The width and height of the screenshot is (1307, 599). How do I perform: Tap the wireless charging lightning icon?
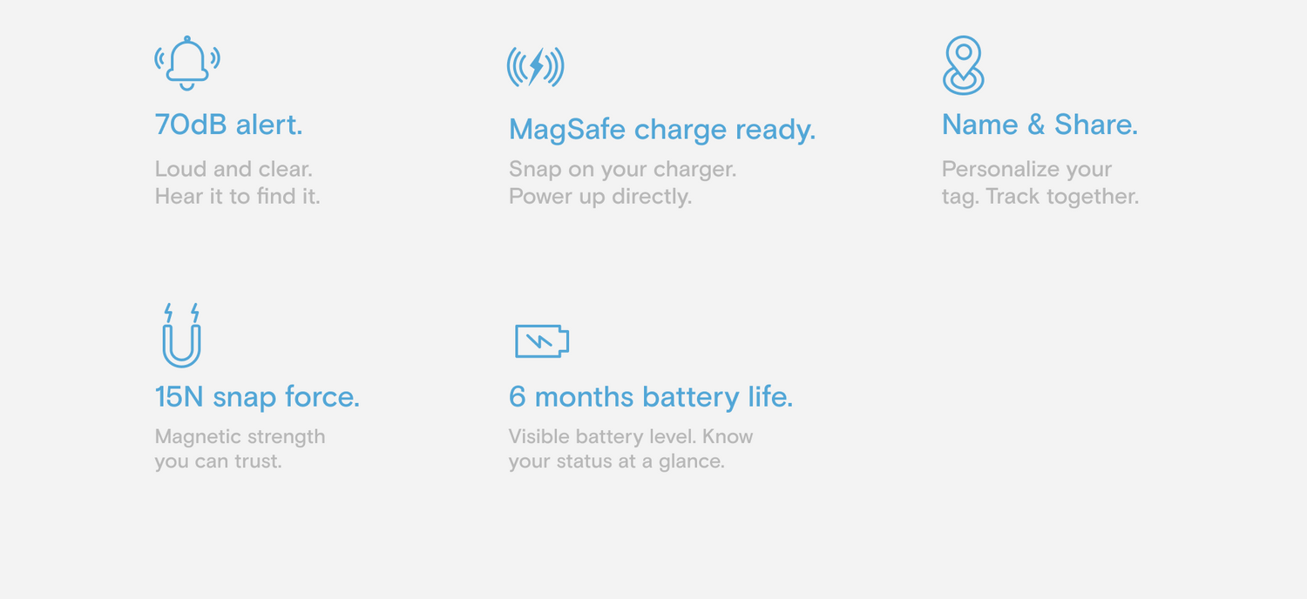coord(536,66)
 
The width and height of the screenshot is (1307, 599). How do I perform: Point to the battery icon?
coord(541,341)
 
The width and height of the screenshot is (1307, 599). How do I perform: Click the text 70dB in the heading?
coord(191,125)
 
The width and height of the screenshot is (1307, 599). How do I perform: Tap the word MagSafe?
coord(567,130)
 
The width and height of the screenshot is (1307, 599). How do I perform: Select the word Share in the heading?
coord(1096,125)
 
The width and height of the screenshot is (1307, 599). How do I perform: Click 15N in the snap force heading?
coord(179,397)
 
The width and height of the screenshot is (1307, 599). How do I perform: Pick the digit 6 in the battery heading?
coord(517,397)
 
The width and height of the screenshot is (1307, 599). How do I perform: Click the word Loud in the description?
coord(181,169)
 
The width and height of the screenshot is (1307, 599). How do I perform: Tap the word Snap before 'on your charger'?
coord(535,170)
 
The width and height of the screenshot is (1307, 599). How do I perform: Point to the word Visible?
coord(538,436)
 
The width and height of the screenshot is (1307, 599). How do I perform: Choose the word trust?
coord(259,461)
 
